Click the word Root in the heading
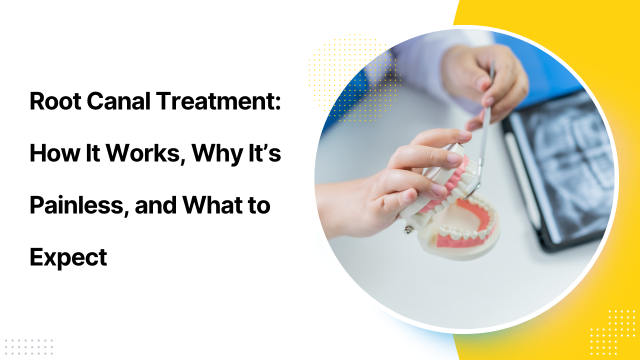click(x=55, y=101)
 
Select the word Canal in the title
click(x=118, y=101)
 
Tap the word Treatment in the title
click(x=215, y=101)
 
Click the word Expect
click(x=68, y=258)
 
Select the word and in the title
click(x=155, y=205)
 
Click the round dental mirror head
click(x=471, y=190)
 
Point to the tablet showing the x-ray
click(x=557, y=168)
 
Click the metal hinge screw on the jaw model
click(x=407, y=229)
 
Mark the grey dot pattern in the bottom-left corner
click(x=29, y=347)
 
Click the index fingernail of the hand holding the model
click(x=465, y=134)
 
